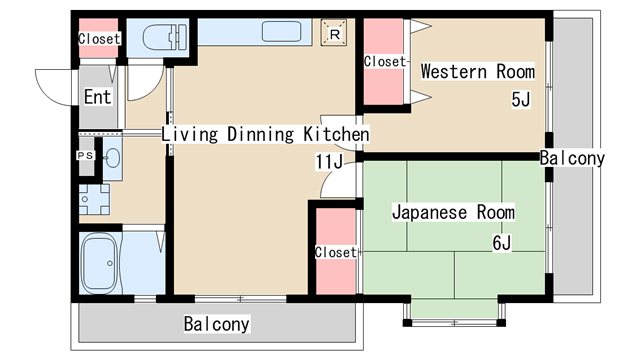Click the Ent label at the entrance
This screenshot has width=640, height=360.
coord(97,97)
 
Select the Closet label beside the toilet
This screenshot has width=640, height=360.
coord(99,39)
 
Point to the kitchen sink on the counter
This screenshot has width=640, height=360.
coord(281,31)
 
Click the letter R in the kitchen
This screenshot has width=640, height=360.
coord(335,33)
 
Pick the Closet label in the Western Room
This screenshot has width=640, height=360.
coord(385,62)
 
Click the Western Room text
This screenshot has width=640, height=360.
coord(477,72)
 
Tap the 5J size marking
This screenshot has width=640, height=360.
coord(520,99)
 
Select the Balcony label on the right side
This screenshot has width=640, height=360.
coord(572,158)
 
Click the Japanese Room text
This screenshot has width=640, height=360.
coord(452,212)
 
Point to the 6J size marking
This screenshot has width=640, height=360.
coord(501,242)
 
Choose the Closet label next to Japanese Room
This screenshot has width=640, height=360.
coord(335,252)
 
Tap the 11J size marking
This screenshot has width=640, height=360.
coord(329,161)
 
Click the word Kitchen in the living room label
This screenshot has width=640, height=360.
coord(337,134)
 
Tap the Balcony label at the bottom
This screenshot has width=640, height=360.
coord(216,325)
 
